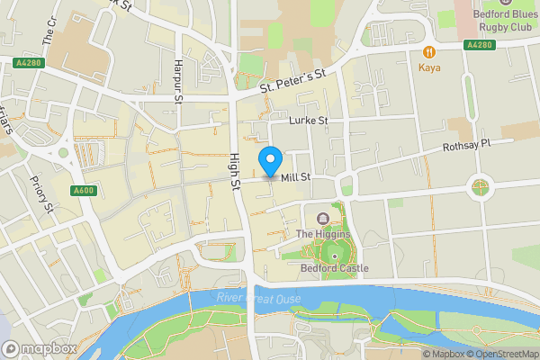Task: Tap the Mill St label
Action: click(x=295, y=178)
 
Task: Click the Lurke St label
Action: click(x=309, y=120)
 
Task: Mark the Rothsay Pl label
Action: click(x=467, y=146)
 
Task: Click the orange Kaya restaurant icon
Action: click(x=430, y=51)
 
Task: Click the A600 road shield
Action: click(x=84, y=190)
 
